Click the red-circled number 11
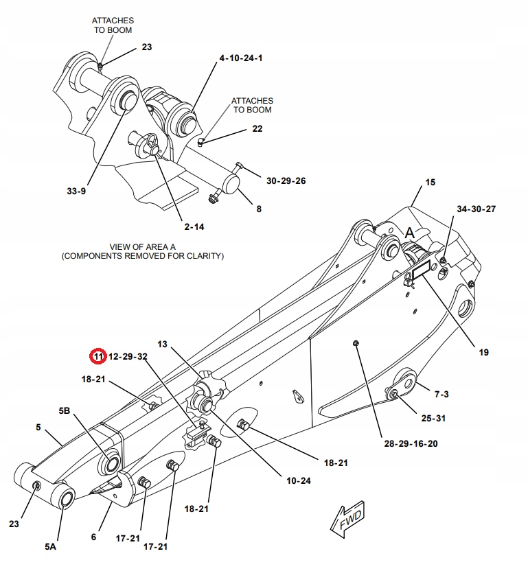click(x=98, y=356)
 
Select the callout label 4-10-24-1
click(x=240, y=59)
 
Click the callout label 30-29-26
click(x=286, y=180)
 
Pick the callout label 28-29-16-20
click(x=410, y=443)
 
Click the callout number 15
click(x=431, y=183)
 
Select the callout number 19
click(x=483, y=352)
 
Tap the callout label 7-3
click(x=441, y=394)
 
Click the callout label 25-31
click(x=434, y=418)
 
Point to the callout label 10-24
click(x=299, y=480)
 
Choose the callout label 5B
click(x=65, y=410)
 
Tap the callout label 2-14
click(x=193, y=226)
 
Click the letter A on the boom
click(x=410, y=233)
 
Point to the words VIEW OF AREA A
click(x=142, y=246)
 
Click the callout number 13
click(x=163, y=343)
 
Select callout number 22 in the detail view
click(x=257, y=128)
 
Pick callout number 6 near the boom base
click(x=93, y=537)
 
